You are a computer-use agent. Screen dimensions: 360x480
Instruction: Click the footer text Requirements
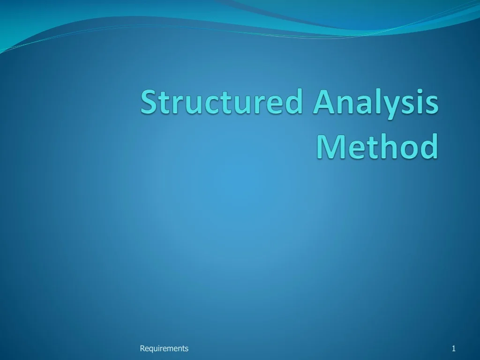point(164,348)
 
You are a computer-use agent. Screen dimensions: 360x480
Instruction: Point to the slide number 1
point(454,348)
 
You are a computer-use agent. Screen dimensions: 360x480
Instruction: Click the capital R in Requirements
point(142,348)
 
